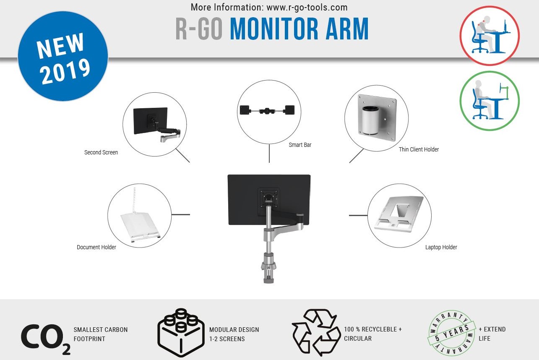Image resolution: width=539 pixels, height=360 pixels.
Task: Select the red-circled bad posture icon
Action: click(x=490, y=35)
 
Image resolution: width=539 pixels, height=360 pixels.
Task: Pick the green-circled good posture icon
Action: click(x=490, y=101)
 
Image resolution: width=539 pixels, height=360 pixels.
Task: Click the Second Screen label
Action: click(x=101, y=152)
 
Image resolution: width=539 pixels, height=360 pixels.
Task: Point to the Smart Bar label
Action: click(x=300, y=145)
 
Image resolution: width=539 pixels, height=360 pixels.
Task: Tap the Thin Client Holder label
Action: click(x=419, y=149)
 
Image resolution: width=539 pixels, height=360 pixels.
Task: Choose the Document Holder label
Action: click(x=96, y=247)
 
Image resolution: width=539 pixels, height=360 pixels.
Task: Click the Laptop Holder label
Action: click(x=441, y=247)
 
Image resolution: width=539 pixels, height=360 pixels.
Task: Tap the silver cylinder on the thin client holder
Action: click(x=370, y=119)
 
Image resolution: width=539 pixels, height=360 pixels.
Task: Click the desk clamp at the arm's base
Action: click(x=268, y=269)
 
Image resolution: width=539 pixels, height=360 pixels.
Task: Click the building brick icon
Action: click(x=181, y=333)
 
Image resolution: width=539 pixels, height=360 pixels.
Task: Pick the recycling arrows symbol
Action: click(x=316, y=333)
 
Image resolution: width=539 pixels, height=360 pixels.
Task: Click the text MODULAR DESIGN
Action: click(x=234, y=329)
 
